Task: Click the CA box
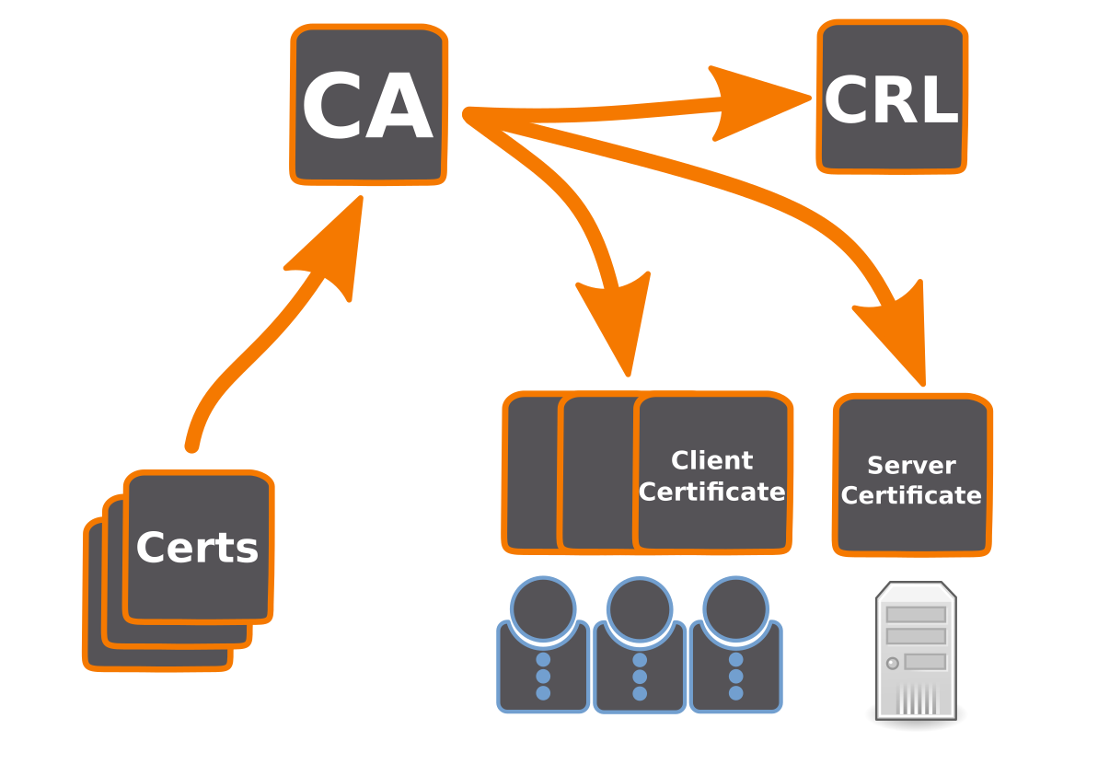[369, 105]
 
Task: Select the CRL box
[892, 97]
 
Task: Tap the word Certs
[197, 549]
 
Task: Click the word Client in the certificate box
[711, 460]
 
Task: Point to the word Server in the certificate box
[911, 466]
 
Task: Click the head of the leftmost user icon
[543, 608]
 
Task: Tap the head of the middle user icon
[640, 608]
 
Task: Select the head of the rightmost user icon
[735, 608]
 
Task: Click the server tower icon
[916, 650]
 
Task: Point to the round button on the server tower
[892, 663]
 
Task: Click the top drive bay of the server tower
[916, 614]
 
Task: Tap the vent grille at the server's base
[916, 699]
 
